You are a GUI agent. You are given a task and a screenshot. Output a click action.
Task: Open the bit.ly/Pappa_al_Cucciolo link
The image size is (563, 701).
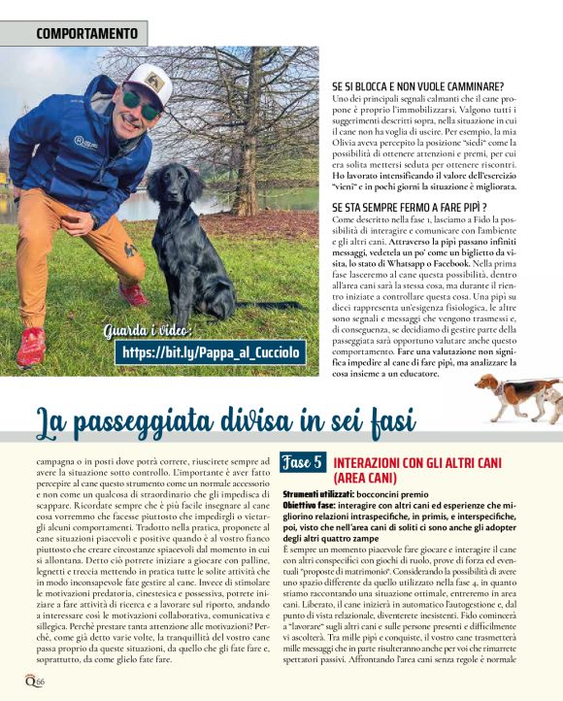tap(211, 351)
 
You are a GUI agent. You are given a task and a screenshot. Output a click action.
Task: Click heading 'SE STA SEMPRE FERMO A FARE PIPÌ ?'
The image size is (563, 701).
tap(409, 207)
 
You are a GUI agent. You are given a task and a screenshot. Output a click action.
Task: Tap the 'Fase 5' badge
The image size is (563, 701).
tap(303, 463)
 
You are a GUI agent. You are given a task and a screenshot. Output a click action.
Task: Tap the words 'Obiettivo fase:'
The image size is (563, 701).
tap(310, 506)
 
